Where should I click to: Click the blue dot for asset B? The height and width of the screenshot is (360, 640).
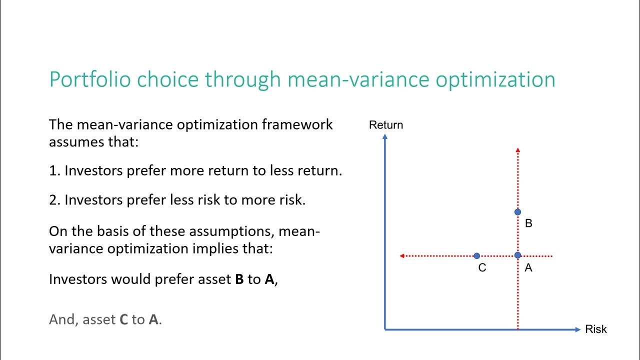(x=517, y=212)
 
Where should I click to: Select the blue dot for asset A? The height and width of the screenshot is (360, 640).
(x=517, y=255)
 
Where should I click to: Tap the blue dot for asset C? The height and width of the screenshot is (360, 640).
(x=476, y=255)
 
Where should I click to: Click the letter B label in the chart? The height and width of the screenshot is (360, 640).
(x=528, y=223)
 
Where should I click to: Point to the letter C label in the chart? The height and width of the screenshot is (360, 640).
(x=482, y=267)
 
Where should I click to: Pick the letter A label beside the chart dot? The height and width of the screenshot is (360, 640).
(x=528, y=267)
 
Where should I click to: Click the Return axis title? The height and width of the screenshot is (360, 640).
(x=385, y=125)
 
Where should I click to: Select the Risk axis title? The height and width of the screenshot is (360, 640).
(x=595, y=329)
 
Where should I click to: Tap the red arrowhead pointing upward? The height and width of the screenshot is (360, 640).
(x=517, y=150)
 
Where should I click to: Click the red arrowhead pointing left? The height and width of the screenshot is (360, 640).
(x=401, y=255)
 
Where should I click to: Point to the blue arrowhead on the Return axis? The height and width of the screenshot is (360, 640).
(x=385, y=136)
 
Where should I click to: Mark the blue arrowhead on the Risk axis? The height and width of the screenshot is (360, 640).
(x=578, y=329)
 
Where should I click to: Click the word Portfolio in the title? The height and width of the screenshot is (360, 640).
(x=90, y=79)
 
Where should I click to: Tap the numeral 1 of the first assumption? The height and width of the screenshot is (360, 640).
(x=53, y=171)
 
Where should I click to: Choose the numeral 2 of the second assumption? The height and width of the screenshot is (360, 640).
(x=53, y=200)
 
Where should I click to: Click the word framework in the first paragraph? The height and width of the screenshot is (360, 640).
(x=297, y=124)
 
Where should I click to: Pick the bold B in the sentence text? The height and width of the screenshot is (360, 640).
(x=239, y=279)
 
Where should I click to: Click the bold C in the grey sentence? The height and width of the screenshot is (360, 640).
(x=123, y=319)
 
